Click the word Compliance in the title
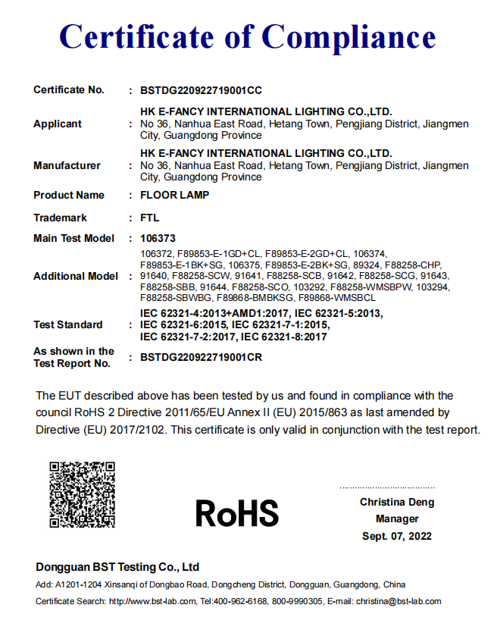coord(349,36)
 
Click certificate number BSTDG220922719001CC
coord(202,90)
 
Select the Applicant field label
coord(58,124)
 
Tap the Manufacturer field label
coord(67,166)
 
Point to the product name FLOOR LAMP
coord(175,196)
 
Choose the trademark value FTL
coord(150,218)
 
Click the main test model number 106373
coord(158,238)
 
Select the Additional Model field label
coord(76,276)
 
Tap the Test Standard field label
coord(68,325)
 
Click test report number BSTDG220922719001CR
coord(202,358)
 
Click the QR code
coord(82,494)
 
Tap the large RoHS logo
coord(236,513)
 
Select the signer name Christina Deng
coord(397,503)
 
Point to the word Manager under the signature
coord(397,519)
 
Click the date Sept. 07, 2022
coord(397,536)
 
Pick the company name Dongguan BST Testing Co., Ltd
coord(117,567)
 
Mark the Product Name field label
coord(69,196)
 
